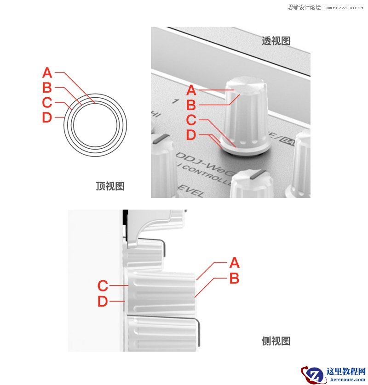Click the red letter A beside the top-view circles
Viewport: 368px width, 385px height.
(x=47, y=73)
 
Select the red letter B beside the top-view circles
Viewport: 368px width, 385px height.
(x=47, y=87)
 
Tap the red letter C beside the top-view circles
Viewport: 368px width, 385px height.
(x=47, y=102)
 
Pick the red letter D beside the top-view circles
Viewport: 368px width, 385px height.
(x=47, y=117)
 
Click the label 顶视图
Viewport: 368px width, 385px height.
(x=110, y=186)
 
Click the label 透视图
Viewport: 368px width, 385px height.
(x=276, y=41)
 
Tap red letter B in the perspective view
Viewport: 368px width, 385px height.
(x=191, y=105)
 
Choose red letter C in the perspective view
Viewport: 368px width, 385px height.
(x=191, y=120)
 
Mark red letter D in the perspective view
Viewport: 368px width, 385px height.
(x=191, y=135)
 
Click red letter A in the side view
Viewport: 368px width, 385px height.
(x=234, y=263)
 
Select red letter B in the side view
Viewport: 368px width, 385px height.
(x=234, y=278)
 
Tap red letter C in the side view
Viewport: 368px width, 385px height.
(x=103, y=286)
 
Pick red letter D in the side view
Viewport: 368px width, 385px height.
(x=103, y=301)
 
